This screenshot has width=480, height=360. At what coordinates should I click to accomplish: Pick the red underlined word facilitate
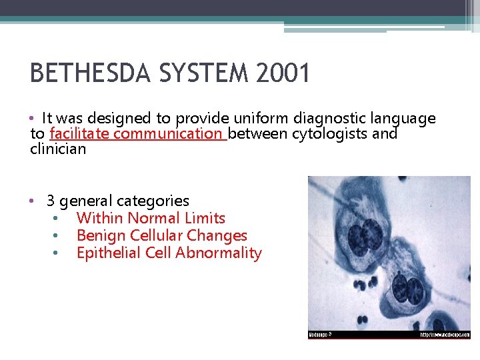pos(80,134)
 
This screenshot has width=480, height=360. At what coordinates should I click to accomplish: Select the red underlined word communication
pos(168,134)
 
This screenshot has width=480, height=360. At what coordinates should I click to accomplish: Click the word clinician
pos(58,149)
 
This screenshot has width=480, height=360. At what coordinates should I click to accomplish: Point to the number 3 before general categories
pos(50,201)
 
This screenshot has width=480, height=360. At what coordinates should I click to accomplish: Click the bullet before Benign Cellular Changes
pos(57,235)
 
